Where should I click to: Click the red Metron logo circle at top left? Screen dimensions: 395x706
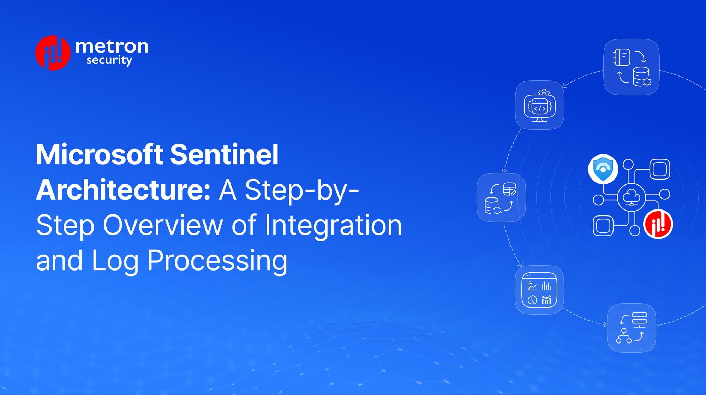click(x=53, y=53)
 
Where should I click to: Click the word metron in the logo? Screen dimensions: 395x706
click(x=112, y=46)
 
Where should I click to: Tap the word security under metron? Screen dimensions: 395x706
click(x=109, y=60)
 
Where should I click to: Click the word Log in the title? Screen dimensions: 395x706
click(x=115, y=261)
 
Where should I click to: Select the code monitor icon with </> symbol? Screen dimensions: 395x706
click(x=539, y=105)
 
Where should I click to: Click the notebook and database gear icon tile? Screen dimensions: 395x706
click(x=632, y=67)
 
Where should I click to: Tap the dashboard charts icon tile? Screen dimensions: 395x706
click(x=539, y=290)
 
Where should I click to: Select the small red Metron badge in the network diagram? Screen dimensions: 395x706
click(x=658, y=224)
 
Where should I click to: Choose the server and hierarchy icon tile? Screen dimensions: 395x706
click(x=631, y=328)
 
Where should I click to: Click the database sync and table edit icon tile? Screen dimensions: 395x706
click(x=501, y=197)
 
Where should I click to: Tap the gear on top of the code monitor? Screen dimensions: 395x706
click(x=544, y=92)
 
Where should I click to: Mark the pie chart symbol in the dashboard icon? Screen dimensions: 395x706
click(x=532, y=300)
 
